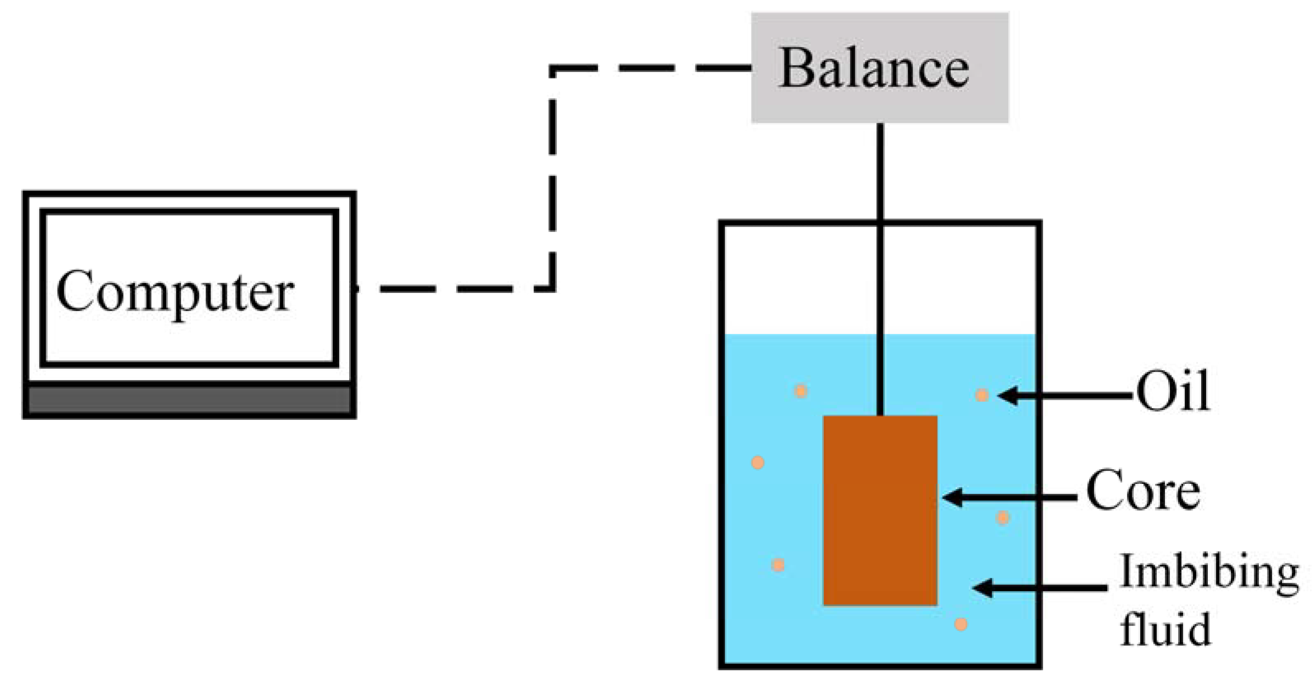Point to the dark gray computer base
click(x=189, y=400)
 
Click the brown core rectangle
click(x=880, y=510)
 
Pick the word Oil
click(x=1172, y=392)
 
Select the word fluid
click(x=1165, y=629)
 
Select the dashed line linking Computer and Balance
click(x=552, y=178)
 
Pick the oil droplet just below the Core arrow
click(x=1003, y=518)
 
